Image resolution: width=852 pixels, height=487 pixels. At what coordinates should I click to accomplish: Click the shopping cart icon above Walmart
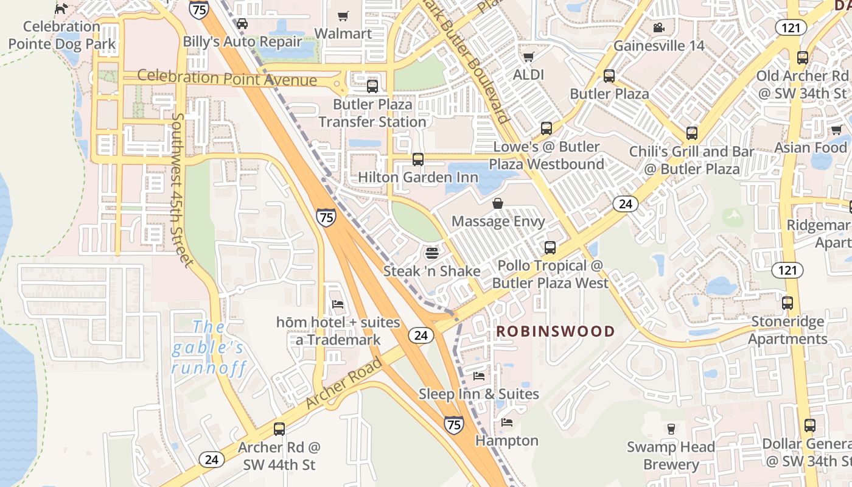(343, 16)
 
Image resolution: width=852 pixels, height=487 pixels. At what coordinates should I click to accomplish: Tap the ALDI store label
(528, 74)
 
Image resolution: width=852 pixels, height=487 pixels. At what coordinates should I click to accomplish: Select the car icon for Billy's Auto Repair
(242, 24)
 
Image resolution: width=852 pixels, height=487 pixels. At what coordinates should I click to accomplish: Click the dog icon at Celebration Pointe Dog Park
(61, 9)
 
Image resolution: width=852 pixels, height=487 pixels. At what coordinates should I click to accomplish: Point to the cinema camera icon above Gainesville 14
(658, 28)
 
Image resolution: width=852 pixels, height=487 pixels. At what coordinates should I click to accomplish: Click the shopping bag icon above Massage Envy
(498, 203)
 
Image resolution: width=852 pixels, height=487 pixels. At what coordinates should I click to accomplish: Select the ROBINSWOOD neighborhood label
(555, 332)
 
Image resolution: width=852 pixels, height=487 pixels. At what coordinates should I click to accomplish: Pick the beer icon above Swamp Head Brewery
(671, 429)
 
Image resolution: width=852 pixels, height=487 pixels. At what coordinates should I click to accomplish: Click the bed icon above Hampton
(506, 422)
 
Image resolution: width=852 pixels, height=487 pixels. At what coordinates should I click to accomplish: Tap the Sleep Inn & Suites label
(478, 394)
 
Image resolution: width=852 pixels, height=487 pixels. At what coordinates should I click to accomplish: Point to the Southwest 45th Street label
(181, 189)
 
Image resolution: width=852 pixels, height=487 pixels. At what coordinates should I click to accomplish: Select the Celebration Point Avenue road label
(227, 78)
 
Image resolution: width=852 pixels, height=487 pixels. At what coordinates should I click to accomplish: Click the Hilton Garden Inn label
(417, 177)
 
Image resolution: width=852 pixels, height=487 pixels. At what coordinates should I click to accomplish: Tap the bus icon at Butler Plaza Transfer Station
(372, 86)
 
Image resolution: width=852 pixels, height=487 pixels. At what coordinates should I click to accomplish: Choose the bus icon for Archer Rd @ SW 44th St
(279, 429)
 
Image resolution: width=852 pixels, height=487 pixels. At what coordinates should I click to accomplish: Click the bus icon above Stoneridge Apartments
(787, 303)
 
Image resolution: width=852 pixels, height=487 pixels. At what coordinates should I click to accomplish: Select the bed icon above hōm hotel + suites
(338, 304)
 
